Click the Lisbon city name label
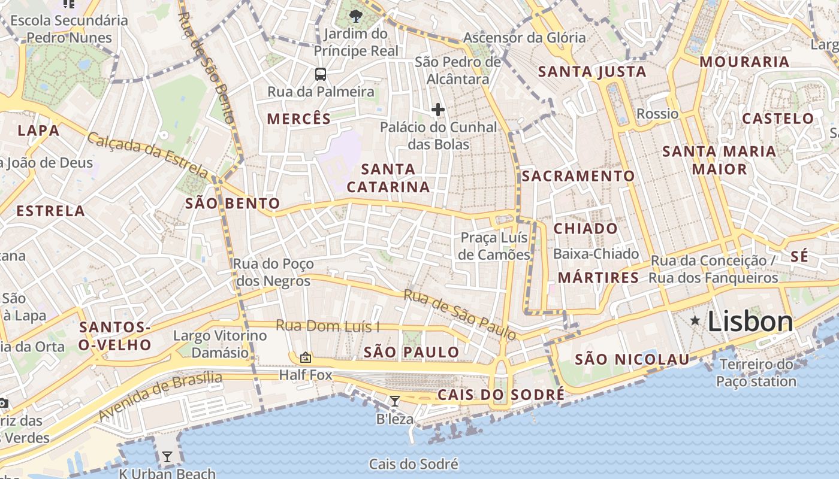[750, 322]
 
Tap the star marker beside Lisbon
[695, 321]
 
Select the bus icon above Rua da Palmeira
[321, 74]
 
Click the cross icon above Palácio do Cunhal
[438, 110]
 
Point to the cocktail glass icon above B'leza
[395, 401]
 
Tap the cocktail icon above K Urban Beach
[167, 457]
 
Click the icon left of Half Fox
[306, 357]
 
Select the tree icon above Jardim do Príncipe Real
[356, 16]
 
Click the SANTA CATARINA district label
[388, 178]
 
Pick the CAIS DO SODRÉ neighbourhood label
[501, 395]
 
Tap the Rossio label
[657, 114]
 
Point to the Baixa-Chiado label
[596, 254]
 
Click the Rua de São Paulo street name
[460, 314]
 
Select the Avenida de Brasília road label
[160, 395]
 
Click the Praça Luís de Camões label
[494, 246]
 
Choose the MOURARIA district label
[744, 62]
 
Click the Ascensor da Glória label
[524, 38]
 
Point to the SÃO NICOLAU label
[632, 359]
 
